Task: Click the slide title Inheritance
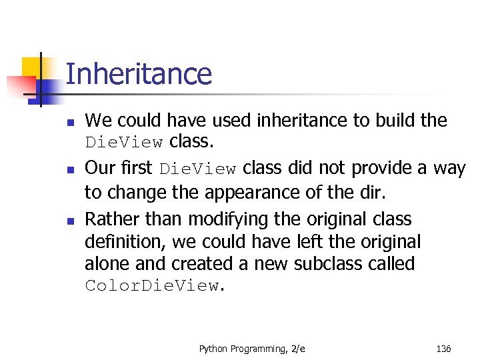tap(139, 74)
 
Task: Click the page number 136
tap(443, 348)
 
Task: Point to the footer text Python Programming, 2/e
tap(251, 348)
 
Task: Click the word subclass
tap(331, 264)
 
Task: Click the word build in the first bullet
tap(397, 121)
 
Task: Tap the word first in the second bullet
tap(136, 168)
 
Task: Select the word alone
tap(107, 264)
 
